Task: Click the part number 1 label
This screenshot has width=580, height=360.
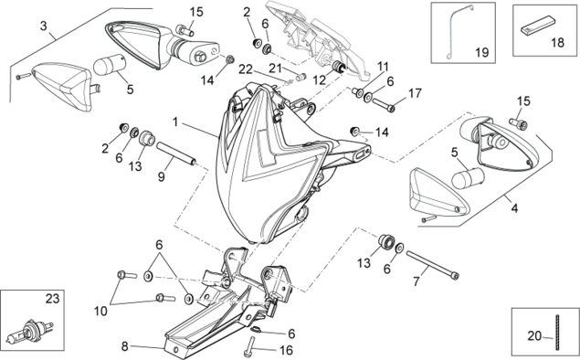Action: [x=175, y=122]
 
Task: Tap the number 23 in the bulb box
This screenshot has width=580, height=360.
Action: [x=52, y=298]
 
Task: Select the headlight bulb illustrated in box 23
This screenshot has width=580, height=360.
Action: [x=33, y=331]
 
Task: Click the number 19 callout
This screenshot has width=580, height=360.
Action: [x=481, y=52]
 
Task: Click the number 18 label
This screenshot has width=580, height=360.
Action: [x=557, y=43]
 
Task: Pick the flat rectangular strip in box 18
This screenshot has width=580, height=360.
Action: [x=538, y=25]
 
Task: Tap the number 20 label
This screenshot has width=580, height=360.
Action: [x=534, y=336]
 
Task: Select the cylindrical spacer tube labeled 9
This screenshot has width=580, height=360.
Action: [x=176, y=153]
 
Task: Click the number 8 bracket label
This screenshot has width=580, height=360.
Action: [x=124, y=346]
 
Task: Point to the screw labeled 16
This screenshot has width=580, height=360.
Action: [x=251, y=347]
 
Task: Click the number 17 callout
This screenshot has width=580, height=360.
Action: [x=415, y=93]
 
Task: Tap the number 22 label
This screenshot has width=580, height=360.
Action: [x=245, y=69]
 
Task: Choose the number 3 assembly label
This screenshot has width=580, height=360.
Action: [x=44, y=26]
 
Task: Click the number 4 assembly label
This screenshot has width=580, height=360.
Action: [x=514, y=208]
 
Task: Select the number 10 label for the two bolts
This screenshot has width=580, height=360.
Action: [x=100, y=312]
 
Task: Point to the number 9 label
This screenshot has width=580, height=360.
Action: [x=162, y=176]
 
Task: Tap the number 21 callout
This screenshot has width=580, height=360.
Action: [x=275, y=69]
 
